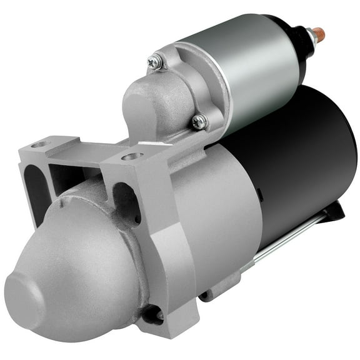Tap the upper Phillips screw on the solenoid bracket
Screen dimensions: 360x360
(155, 61)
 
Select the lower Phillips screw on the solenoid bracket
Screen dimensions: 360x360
(199, 122)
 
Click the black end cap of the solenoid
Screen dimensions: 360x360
(294, 47)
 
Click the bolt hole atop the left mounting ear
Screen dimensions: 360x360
(41, 144)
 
